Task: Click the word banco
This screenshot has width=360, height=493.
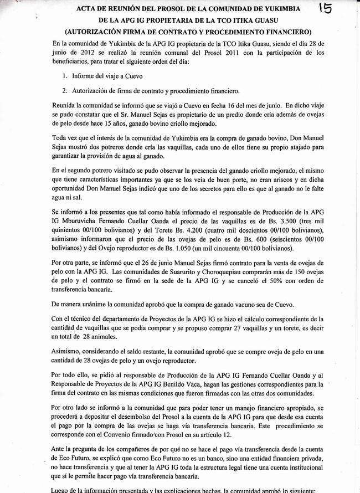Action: [x=192, y=459]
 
